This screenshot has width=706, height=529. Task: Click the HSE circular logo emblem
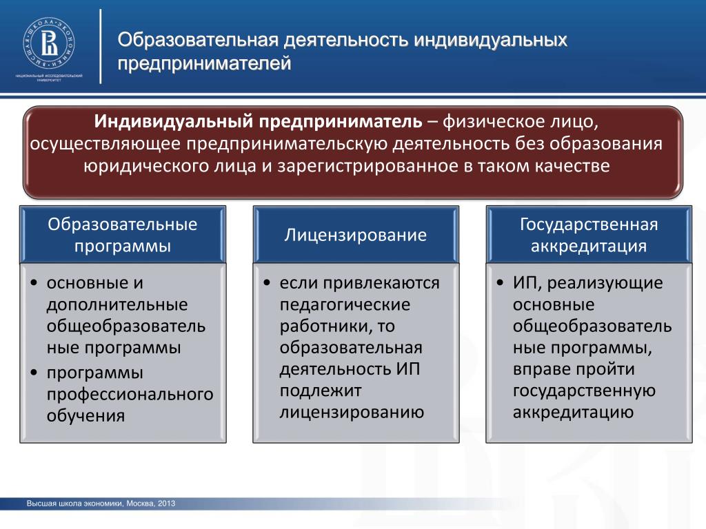(49, 43)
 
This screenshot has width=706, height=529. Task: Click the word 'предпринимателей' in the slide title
(204, 63)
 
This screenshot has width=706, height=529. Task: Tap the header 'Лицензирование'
(355, 236)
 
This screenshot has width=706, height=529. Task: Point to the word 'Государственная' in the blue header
(589, 225)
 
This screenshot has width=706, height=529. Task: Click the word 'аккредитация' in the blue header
(589, 246)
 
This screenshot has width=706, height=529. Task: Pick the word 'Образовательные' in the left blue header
(123, 225)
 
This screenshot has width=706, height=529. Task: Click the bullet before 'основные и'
(34, 283)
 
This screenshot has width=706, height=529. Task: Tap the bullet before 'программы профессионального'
(34, 373)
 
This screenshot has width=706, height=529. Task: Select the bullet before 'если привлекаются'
(267, 283)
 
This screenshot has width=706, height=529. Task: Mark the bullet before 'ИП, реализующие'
(501, 283)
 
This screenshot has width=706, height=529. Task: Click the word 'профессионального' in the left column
(130, 395)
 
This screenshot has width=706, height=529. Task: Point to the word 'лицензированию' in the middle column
(352, 413)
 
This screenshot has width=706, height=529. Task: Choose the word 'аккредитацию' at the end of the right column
(573, 413)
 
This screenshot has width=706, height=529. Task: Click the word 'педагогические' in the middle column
(345, 305)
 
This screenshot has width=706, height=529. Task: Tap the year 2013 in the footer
(167, 504)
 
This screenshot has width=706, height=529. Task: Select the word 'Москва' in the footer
(140, 504)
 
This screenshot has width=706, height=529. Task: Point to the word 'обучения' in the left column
(85, 416)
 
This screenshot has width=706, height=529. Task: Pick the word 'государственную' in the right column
(584, 391)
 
